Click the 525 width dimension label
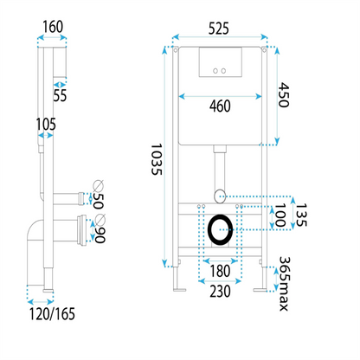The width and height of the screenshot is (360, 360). coord(219,29)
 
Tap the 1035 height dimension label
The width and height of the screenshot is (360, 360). coord(157,159)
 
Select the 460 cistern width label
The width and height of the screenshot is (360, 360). coord(220,106)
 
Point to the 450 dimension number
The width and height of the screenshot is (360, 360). coord(283,95)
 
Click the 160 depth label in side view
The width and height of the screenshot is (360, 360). coord(53,27)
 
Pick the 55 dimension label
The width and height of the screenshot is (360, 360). coord(60,95)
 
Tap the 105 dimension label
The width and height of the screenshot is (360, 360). coord(46,125)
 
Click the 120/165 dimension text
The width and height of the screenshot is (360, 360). coord(52,314)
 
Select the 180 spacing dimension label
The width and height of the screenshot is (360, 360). coord(220,271)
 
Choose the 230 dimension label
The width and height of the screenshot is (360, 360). coord(220,292)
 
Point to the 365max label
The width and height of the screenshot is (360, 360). coord(284,284)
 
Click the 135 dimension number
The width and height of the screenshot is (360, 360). coord(301,215)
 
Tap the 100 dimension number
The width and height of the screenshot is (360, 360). coord(280,215)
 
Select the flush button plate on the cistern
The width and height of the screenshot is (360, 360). coord(221,62)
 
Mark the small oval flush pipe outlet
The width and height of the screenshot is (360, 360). coord(220,196)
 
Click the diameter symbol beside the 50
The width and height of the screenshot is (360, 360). coord(98,185)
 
